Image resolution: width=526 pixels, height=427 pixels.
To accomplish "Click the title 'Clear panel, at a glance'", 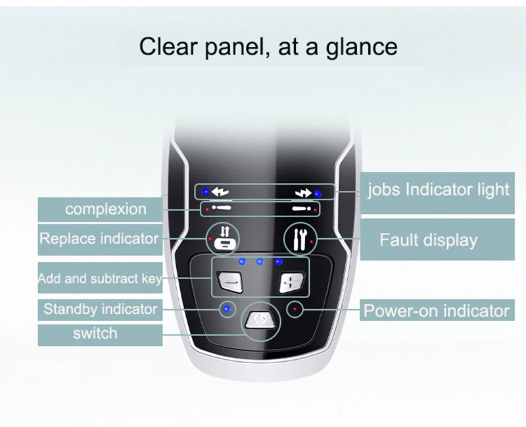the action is coord(268,47).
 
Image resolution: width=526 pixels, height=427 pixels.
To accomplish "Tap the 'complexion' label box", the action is coord(105,209).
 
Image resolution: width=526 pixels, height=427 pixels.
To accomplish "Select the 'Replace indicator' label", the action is coord(99,238).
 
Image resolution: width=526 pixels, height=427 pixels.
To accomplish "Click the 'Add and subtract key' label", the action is coord(99,278).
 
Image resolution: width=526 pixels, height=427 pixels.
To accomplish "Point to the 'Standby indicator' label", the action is coord(100,309).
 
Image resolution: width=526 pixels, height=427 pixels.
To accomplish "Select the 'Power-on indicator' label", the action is coord(437,311).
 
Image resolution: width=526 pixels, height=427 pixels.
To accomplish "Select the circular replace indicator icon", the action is coord(223,239).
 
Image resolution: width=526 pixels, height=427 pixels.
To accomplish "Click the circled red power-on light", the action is coord(295,309).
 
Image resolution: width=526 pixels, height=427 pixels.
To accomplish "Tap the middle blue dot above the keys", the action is coord(260,262).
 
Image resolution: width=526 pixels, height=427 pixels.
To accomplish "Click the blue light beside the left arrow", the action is coord(205,192).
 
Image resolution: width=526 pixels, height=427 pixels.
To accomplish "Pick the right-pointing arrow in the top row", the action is coord(302,193).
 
